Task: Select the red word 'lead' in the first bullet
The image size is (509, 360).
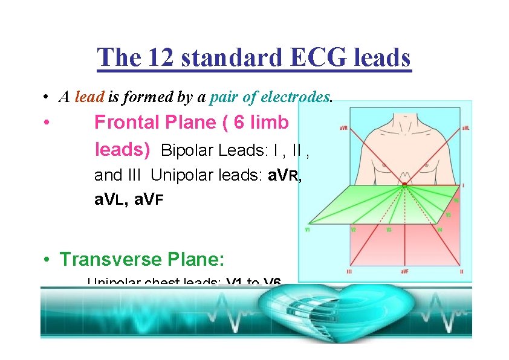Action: [x=90, y=97]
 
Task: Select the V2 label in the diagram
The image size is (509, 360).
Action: [x=353, y=230]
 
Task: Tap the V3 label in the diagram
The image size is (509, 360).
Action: [x=389, y=230]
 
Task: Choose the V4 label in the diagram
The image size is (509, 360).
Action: [x=439, y=230]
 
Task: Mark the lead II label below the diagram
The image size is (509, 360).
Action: [x=461, y=273]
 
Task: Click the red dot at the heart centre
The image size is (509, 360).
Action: [x=404, y=184]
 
